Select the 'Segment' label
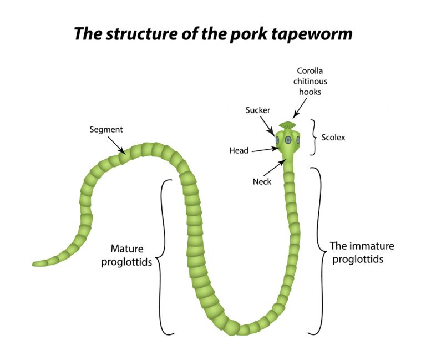[106, 130]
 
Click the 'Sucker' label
[257, 110]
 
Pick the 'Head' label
[239, 150]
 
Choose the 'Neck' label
[262, 181]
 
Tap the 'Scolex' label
[333, 137]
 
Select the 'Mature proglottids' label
[126, 255]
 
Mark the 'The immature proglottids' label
[362, 252]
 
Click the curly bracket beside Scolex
[314, 137]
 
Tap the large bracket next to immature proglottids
[318, 251]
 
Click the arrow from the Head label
[265, 149]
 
